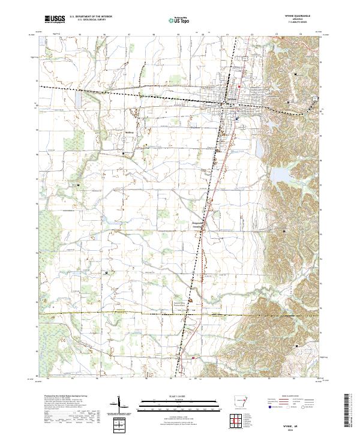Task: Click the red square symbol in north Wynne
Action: (x=239, y=88)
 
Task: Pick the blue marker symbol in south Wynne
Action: (x=237, y=118)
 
